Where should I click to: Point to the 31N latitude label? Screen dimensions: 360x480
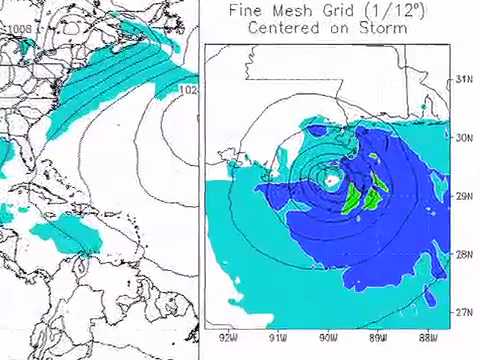click(464, 79)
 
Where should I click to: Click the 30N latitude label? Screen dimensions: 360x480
click(464, 138)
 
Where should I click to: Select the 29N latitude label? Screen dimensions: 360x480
click(464, 196)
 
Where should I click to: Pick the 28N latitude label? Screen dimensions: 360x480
click(464, 254)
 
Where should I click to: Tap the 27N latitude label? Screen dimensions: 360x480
click(464, 312)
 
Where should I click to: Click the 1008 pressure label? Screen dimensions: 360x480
click(19, 29)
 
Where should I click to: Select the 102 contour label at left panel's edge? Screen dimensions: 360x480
click(187, 91)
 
